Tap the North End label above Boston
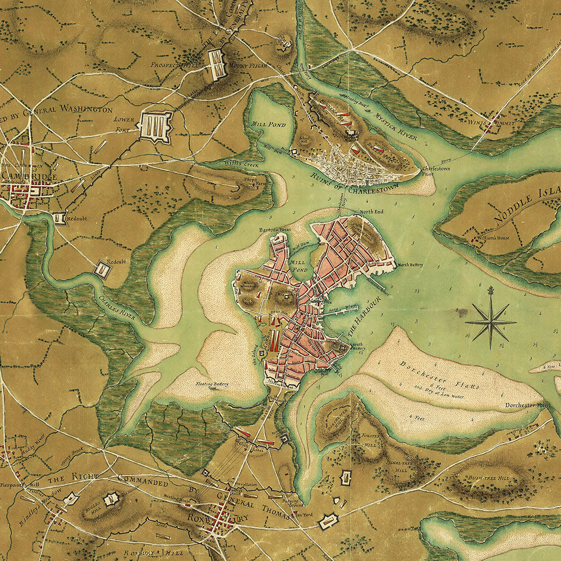(371, 211)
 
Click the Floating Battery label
(212, 384)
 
